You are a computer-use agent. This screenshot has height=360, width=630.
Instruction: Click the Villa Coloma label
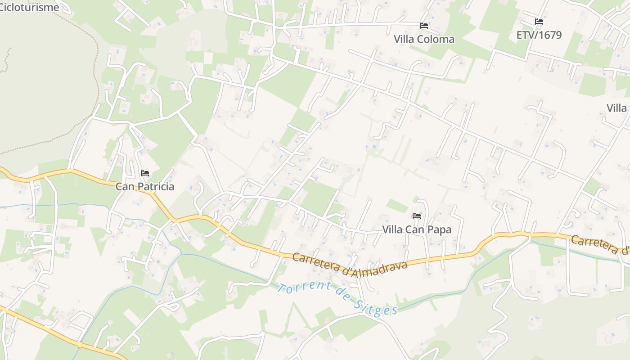[424, 39]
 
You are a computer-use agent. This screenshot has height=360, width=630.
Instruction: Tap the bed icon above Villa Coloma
[424, 26]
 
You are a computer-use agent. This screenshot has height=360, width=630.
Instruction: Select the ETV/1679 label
[539, 35]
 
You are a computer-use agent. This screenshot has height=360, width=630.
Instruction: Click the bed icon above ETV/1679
[539, 22]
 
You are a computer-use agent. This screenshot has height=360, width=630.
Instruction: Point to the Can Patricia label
[145, 186]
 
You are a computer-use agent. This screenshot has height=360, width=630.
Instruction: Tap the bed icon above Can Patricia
[145, 173]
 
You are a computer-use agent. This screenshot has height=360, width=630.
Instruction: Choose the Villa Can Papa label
[417, 229]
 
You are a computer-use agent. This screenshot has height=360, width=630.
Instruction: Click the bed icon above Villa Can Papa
[417, 216]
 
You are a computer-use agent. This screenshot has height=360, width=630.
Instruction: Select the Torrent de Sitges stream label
[337, 297]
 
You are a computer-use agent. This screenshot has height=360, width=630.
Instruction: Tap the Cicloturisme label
[29, 7]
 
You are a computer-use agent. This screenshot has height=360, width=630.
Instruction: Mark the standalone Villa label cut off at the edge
[617, 108]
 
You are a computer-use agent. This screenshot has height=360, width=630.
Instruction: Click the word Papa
[439, 229]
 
